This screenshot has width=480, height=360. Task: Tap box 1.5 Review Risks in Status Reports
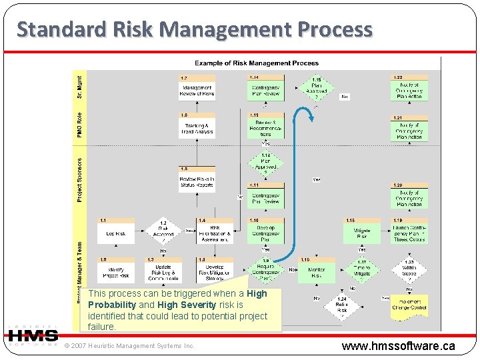[197, 182]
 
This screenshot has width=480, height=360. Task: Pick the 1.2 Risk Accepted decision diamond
[163, 231]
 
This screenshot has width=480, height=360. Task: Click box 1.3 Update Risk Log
[163, 271]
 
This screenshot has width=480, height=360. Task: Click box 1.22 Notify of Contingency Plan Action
[409, 89]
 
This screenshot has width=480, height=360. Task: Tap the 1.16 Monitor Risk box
[317, 271]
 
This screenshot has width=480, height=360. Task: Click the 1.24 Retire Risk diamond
[341, 307]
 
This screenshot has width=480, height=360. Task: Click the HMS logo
[32, 335]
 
